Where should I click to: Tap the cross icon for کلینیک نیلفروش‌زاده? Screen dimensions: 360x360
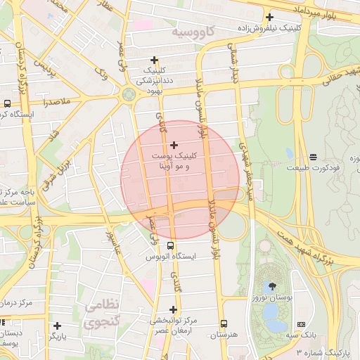tap(269, 17)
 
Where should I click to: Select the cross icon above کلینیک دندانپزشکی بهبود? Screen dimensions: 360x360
tap(154, 60)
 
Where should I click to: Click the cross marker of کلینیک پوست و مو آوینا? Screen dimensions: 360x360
tap(174, 145)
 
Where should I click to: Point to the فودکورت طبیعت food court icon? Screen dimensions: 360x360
tap(312, 156)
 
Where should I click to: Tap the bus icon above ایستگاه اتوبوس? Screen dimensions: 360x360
tap(171, 245)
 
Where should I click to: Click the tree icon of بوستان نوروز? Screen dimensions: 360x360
tap(271, 286)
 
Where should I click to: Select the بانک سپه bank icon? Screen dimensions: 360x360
tap(301, 324)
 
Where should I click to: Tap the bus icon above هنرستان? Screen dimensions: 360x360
tap(224, 324)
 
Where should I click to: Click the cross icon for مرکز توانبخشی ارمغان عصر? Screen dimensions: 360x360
tap(173, 309)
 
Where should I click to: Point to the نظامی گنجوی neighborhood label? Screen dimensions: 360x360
tap(103, 314)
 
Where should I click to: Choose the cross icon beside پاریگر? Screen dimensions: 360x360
tap(57, 325)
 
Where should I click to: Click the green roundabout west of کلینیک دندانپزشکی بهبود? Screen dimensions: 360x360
tap(128, 94)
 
